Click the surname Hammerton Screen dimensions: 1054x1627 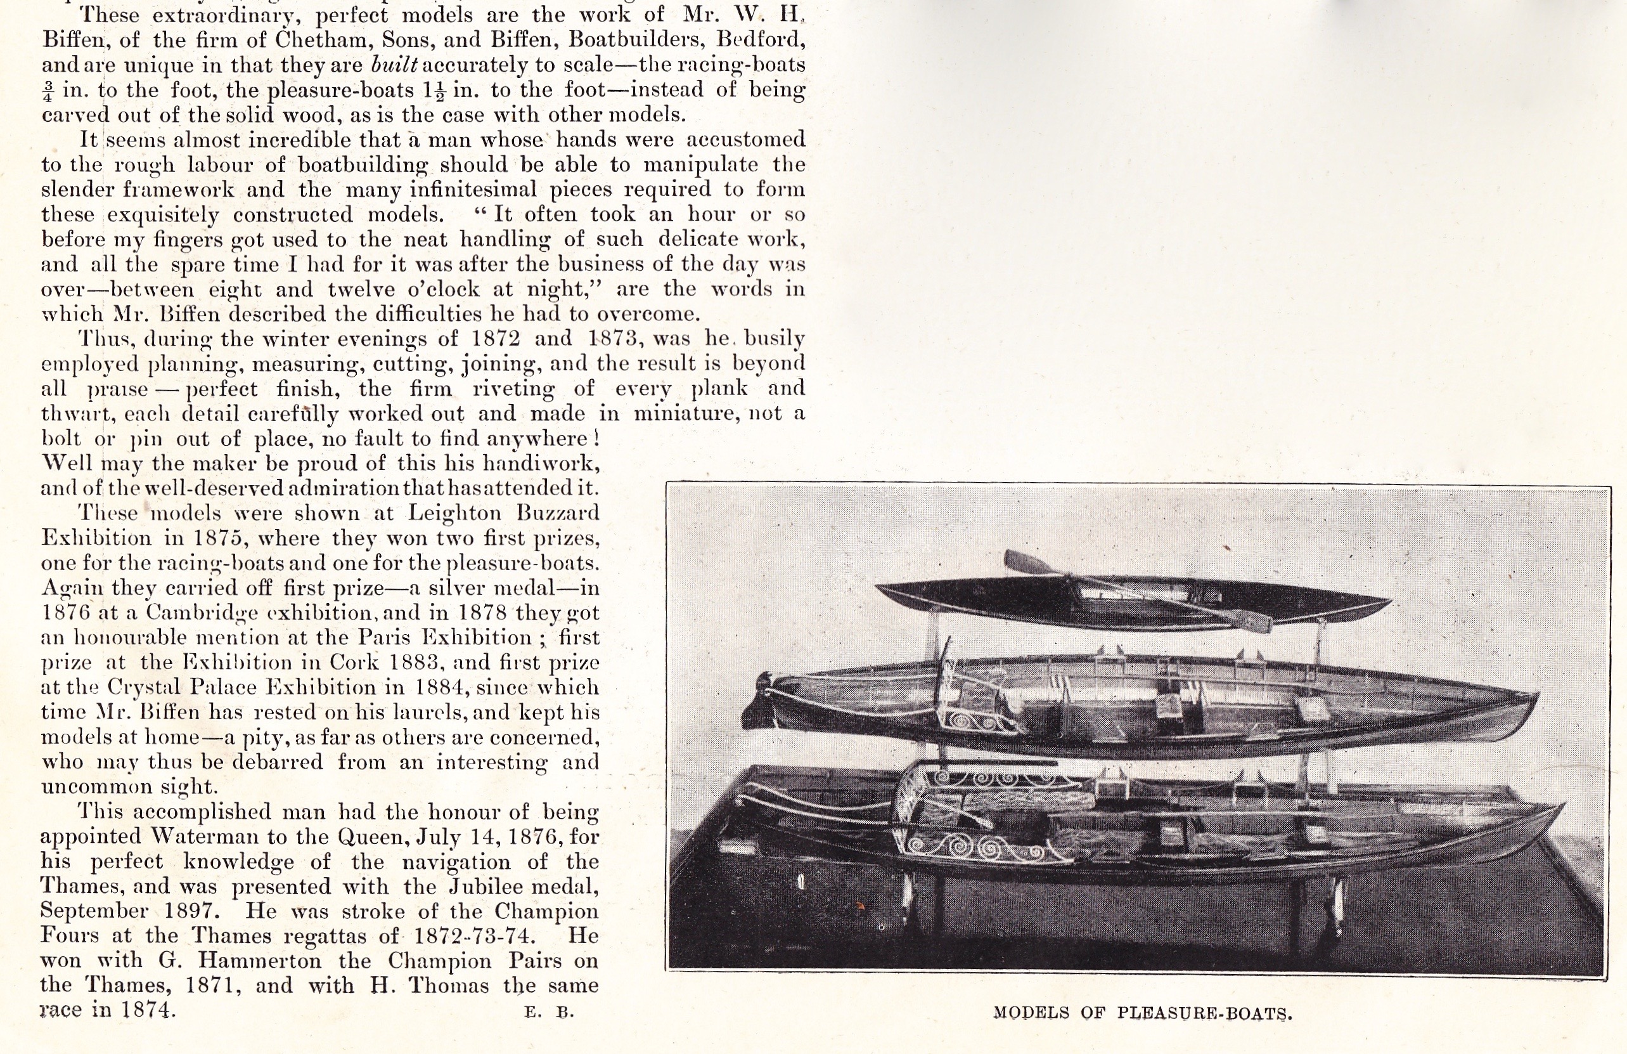point(260,961)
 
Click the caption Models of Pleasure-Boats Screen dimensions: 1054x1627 point(1142,1013)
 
